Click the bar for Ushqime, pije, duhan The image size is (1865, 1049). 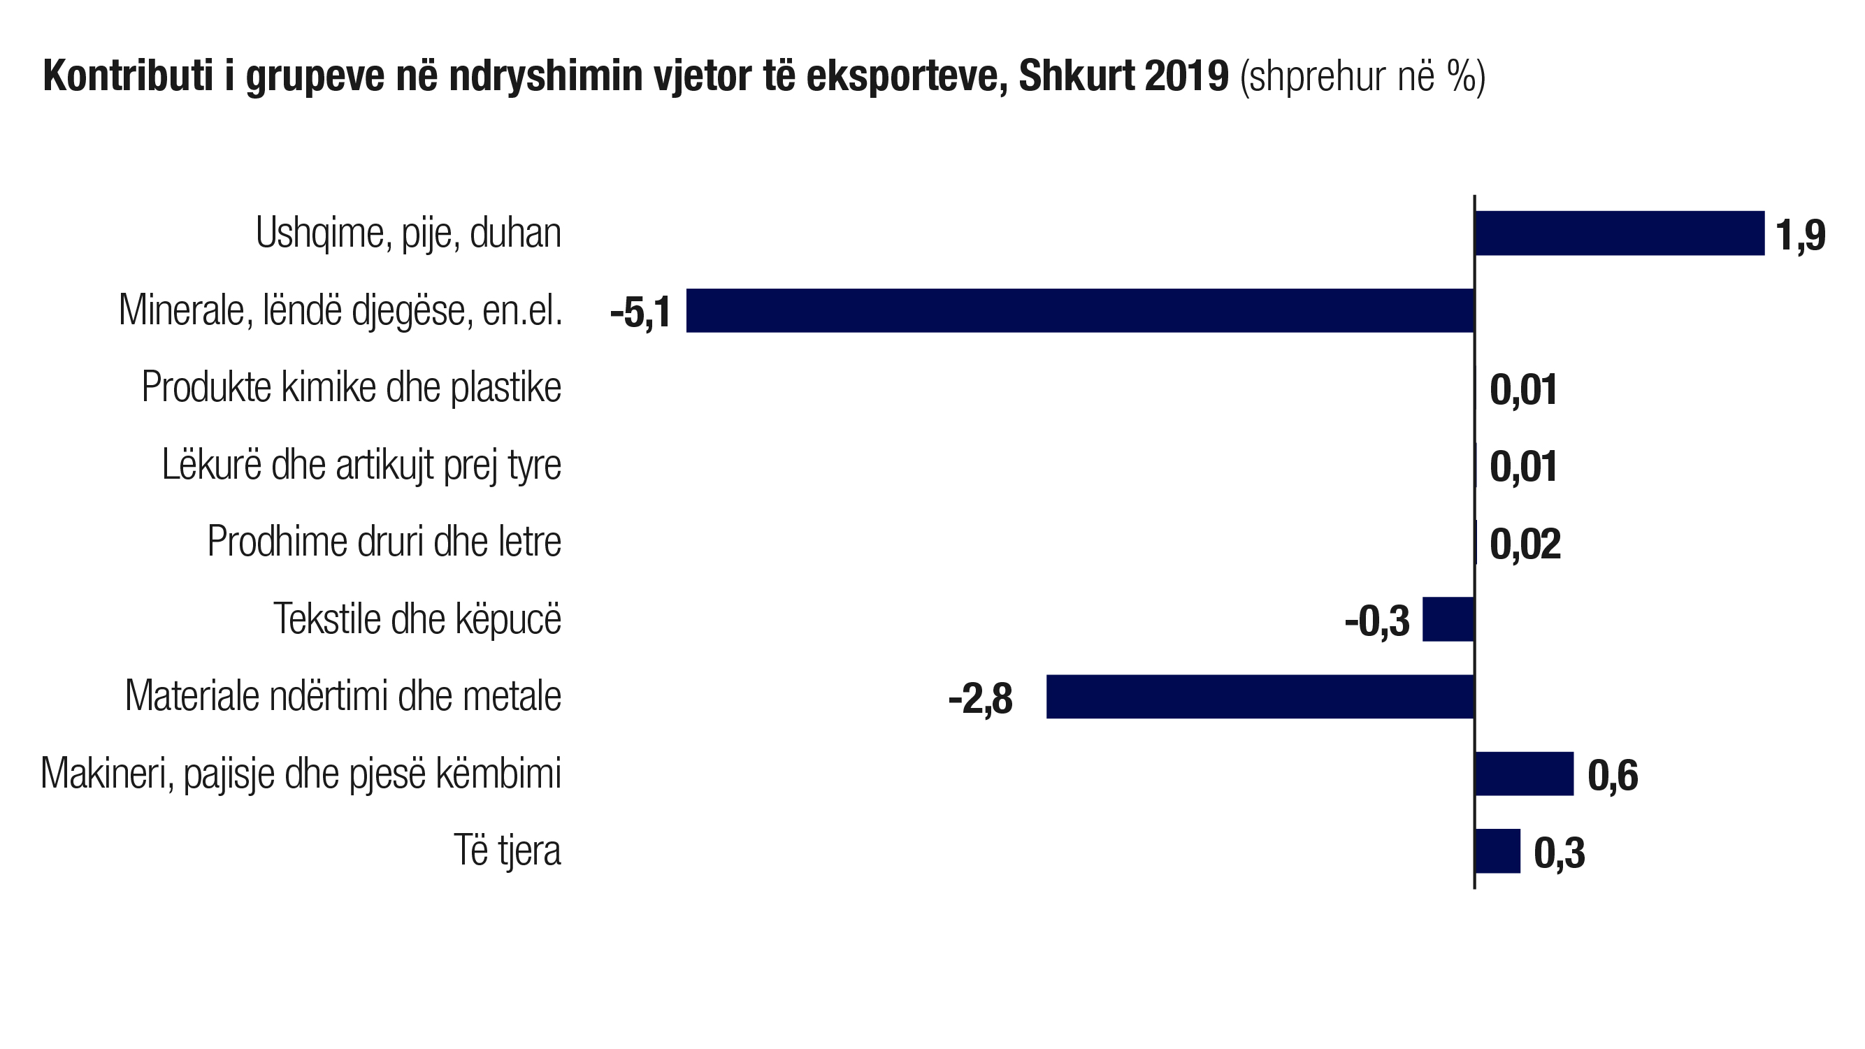[x=1619, y=233]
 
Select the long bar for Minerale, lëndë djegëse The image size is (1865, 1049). [x=1079, y=310]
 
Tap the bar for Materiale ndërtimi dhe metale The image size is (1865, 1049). [x=1260, y=697]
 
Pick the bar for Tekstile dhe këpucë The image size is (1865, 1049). [x=1448, y=619]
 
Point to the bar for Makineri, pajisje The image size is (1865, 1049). [x=1524, y=774]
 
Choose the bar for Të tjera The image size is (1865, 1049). [x=1497, y=851]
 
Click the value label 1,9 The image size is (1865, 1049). [x=1800, y=236]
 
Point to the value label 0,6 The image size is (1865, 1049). [x=1613, y=776]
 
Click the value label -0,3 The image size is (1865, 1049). [x=1377, y=621]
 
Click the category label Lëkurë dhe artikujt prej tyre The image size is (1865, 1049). [x=361, y=465]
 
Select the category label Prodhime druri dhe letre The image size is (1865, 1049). [x=384, y=542]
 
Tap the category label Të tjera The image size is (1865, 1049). [x=507, y=850]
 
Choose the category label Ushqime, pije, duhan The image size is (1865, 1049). [x=408, y=233]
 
